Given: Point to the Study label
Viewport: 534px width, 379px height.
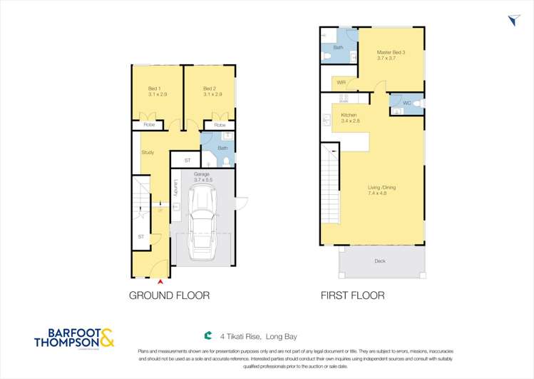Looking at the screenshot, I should pyautogui.click(x=148, y=152).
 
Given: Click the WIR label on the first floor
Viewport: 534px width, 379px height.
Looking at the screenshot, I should pyautogui.click(x=341, y=83).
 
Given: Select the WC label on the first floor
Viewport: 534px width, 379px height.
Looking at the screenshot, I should pyautogui.click(x=406, y=103).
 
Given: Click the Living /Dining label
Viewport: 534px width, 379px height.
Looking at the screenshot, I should pyautogui.click(x=381, y=190).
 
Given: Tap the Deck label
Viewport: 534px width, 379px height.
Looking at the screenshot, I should pyautogui.click(x=380, y=261).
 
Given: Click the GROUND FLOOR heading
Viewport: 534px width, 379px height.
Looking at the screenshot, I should pyautogui.click(x=169, y=295).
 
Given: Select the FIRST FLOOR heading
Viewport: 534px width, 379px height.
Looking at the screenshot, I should pyautogui.click(x=352, y=295).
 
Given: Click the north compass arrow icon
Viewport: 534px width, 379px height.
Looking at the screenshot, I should pyautogui.click(x=515, y=21).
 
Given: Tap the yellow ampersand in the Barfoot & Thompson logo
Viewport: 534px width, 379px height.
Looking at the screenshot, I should pyautogui.click(x=106, y=337).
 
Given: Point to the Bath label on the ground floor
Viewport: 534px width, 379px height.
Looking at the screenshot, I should pyautogui.click(x=222, y=148).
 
